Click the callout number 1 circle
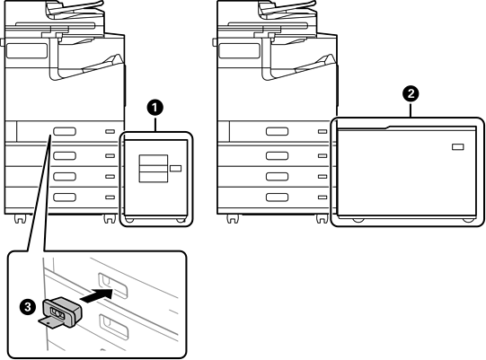click(x=155, y=108)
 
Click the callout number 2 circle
click(x=411, y=93)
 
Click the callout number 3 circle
click(x=28, y=307)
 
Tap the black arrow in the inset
click(x=96, y=294)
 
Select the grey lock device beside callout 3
click(x=62, y=312)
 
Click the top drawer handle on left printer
click(x=65, y=131)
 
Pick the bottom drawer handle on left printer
click(x=65, y=198)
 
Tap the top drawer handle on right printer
click(x=277, y=131)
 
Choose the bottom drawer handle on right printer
click(x=277, y=198)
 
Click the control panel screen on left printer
click(x=27, y=50)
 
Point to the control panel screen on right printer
click(x=239, y=50)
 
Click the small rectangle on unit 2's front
click(x=458, y=146)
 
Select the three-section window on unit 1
click(x=154, y=168)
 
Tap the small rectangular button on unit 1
click(x=176, y=168)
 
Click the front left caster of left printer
click(x=19, y=219)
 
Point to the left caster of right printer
click(x=233, y=219)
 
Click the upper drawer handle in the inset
click(x=113, y=285)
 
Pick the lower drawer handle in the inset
click(x=113, y=327)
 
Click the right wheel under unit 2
click(x=468, y=220)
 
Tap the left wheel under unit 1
click(x=129, y=220)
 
